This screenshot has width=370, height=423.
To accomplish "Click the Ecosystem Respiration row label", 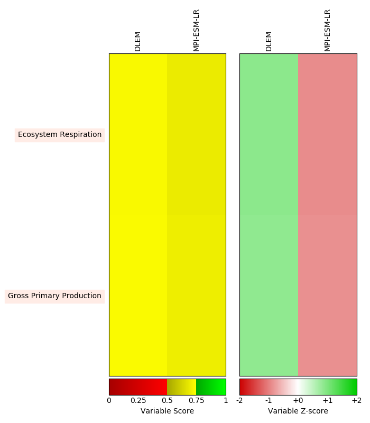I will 60,135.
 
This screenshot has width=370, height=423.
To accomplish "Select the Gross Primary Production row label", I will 54,296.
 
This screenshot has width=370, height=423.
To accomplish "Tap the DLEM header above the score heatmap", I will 138,41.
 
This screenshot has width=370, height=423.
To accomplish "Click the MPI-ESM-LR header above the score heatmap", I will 197,30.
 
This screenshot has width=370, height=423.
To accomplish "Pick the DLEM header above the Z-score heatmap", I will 269,41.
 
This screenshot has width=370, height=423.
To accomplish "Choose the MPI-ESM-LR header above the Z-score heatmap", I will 328,30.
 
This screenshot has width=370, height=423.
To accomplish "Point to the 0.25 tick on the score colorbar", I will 138,401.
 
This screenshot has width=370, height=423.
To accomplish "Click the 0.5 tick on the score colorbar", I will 168,401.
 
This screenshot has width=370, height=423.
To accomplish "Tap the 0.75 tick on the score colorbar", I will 197,401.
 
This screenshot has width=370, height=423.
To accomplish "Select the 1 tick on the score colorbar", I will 226,401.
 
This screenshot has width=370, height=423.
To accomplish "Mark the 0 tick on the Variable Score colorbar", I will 109,401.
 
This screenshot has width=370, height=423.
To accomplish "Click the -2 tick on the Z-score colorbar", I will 240,401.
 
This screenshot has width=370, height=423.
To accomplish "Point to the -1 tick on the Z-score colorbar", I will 269,401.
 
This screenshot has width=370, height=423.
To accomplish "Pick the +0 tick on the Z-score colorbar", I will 298,401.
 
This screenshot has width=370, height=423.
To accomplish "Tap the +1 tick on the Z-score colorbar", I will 327,401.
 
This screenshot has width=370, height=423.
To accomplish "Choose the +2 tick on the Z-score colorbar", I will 356,401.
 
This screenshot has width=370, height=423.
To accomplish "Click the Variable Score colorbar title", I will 167,411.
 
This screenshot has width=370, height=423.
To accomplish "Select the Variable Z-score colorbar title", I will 298,411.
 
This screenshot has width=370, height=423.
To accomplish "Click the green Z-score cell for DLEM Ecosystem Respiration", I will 269,134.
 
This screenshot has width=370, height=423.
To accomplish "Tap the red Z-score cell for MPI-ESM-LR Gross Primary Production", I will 328,296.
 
